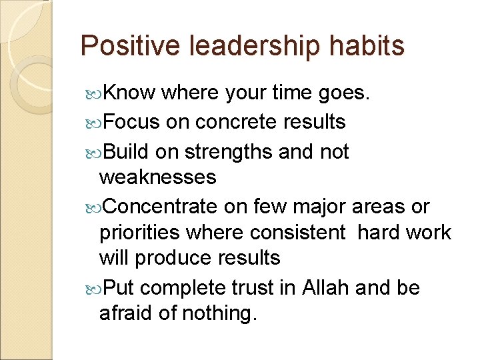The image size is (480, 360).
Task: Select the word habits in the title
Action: pos(365,46)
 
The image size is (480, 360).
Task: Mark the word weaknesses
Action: pos(157,177)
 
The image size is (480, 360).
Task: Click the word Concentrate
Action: pos(161,207)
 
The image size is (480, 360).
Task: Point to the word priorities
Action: pos(138,232)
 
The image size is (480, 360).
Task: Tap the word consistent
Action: pos(298,232)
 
